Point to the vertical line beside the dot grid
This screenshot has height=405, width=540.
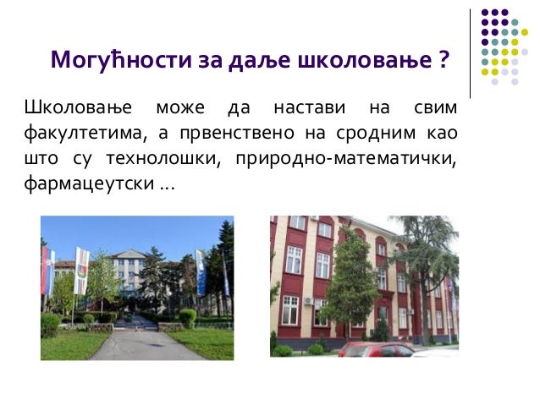tap(470, 55)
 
